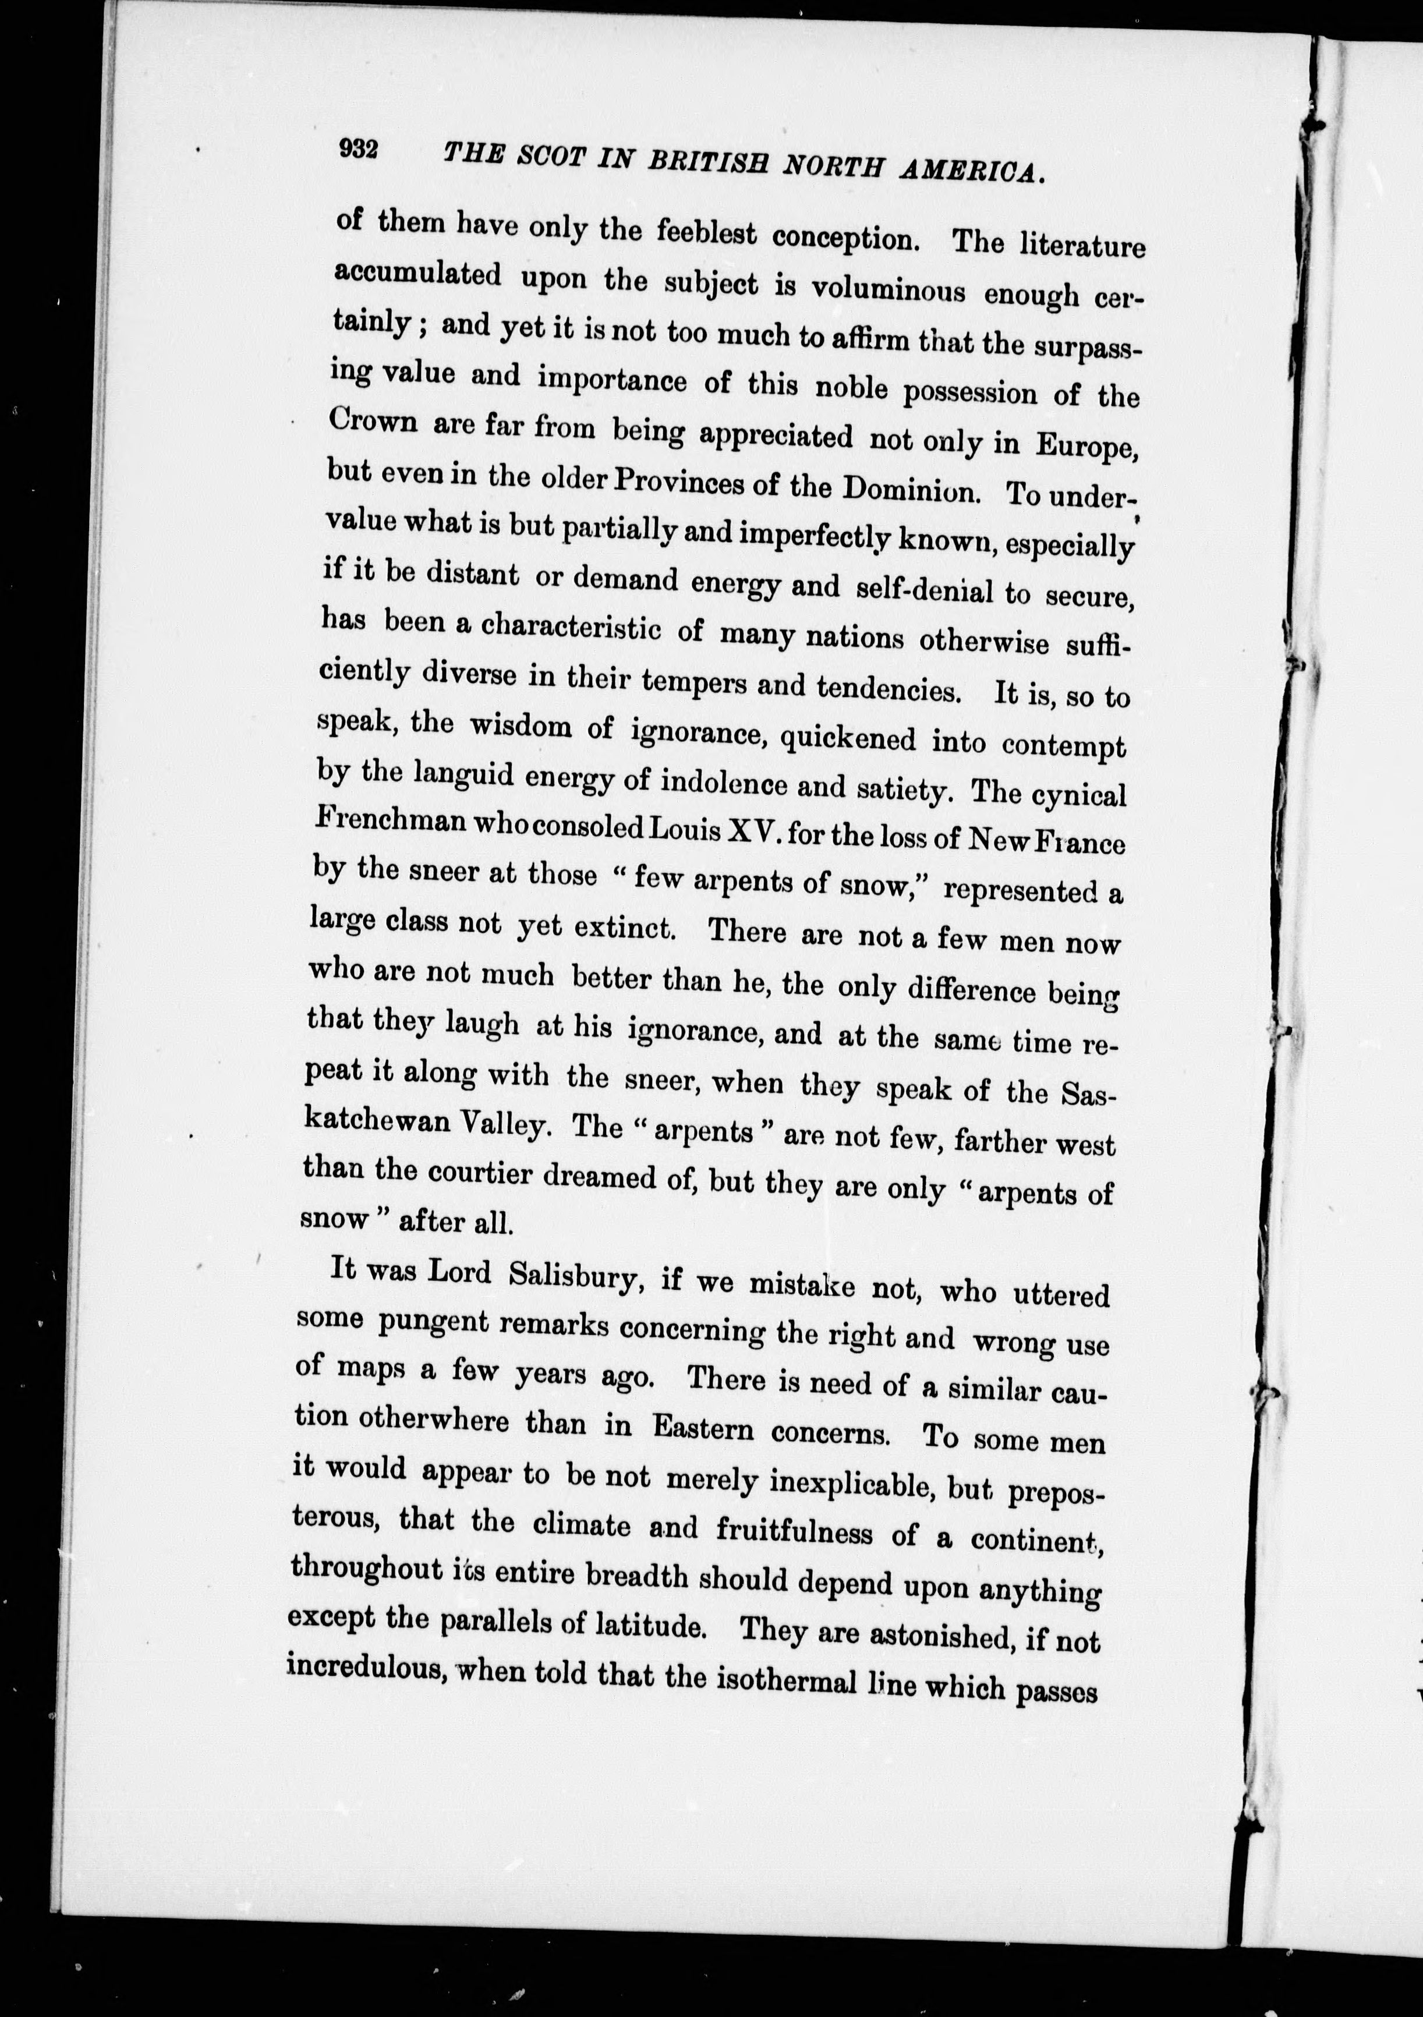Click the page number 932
coord(359,148)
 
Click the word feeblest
coord(706,233)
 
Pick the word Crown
coord(373,421)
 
